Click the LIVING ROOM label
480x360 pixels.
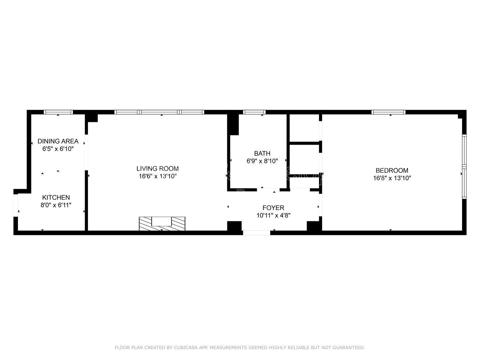pyautogui.click(x=157, y=168)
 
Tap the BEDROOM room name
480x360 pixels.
pyautogui.click(x=392, y=170)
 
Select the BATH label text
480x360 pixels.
pyautogui.click(x=262, y=153)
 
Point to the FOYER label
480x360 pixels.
pyautogui.click(x=273, y=208)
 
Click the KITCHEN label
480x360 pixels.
pyautogui.click(x=56, y=197)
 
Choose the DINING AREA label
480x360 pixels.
pyautogui.click(x=58, y=141)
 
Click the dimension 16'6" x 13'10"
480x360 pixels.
pyautogui.click(x=157, y=176)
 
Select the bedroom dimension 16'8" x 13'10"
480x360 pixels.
pyautogui.click(x=392, y=178)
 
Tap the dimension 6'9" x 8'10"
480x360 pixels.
pyautogui.click(x=262, y=161)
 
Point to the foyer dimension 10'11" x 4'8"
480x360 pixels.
pyautogui.click(x=273, y=215)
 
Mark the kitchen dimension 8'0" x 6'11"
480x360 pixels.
pyautogui.click(x=56, y=205)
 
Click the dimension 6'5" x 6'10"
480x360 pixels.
pyautogui.click(x=58, y=149)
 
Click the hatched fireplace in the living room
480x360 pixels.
pyautogui.click(x=162, y=223)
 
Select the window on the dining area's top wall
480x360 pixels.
pyautogui.click(x=58, y=112)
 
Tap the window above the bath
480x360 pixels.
pyautogui.click(x=254, y=112)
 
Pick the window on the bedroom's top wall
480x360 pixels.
pyautogui.click(x=389, y=112)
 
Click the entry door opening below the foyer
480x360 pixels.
pyautogui.click(x=256, y=233)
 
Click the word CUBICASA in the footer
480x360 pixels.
pyautogui.click(x=186, y=348)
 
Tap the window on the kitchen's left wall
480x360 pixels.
pyautogui.click(x=15, y=205)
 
